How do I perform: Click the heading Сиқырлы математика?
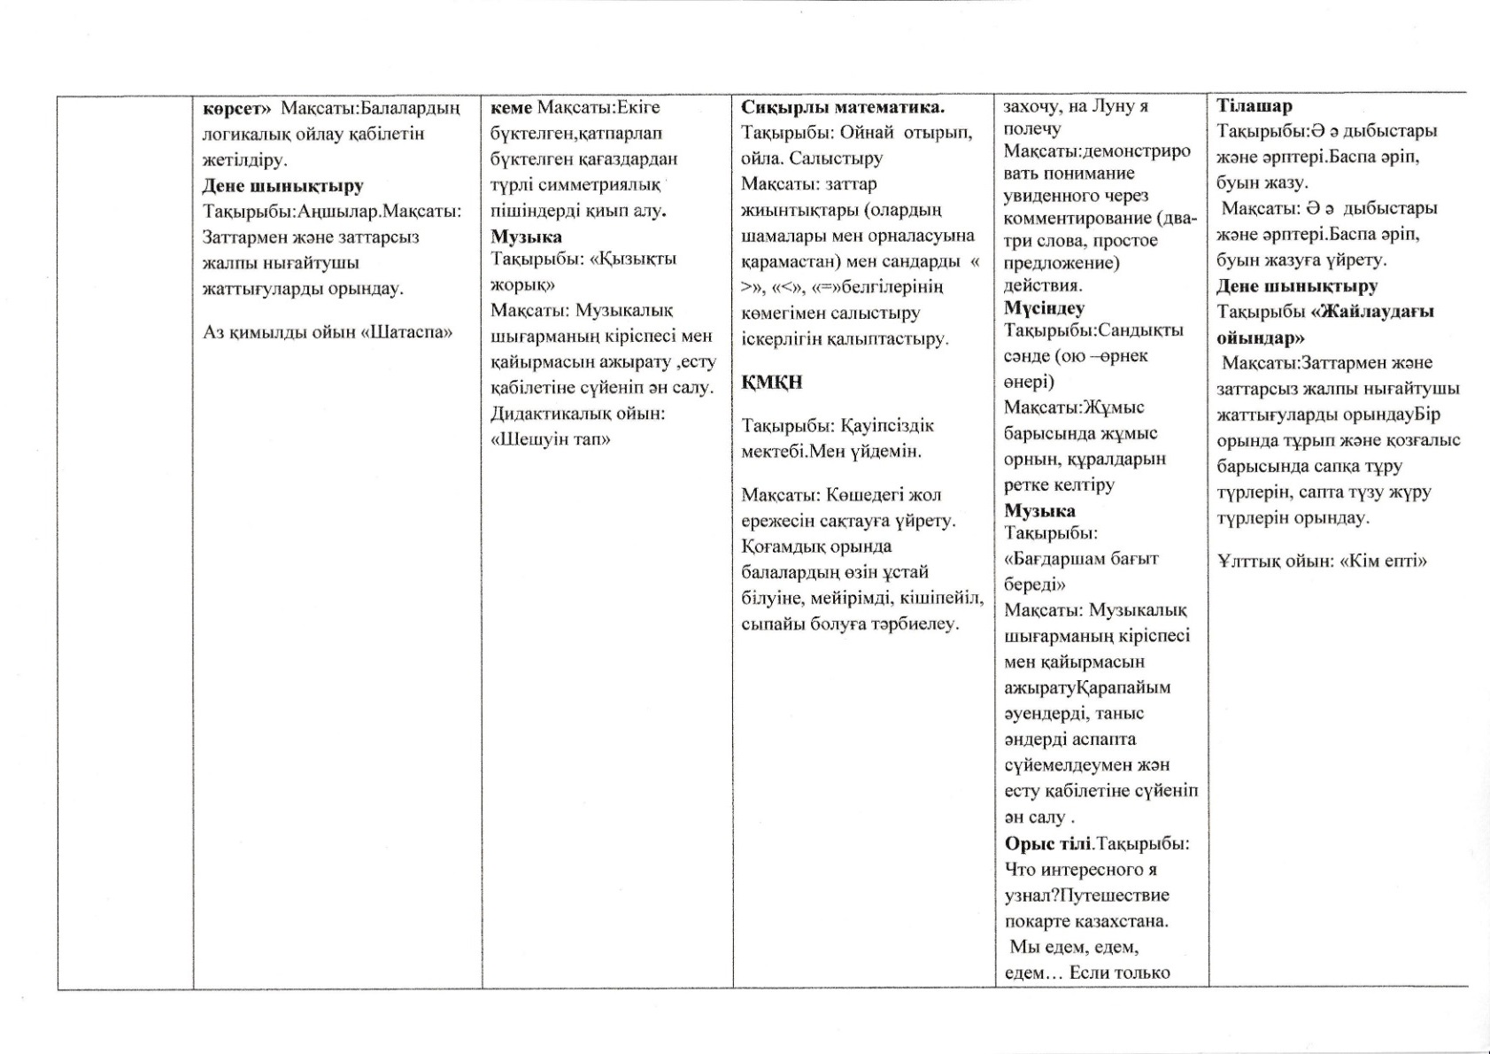842,108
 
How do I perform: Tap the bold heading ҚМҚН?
771,383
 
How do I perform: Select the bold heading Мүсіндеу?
1044,308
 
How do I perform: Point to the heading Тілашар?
1254,106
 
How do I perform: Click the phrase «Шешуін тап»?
551,439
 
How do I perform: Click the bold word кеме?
511,107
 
